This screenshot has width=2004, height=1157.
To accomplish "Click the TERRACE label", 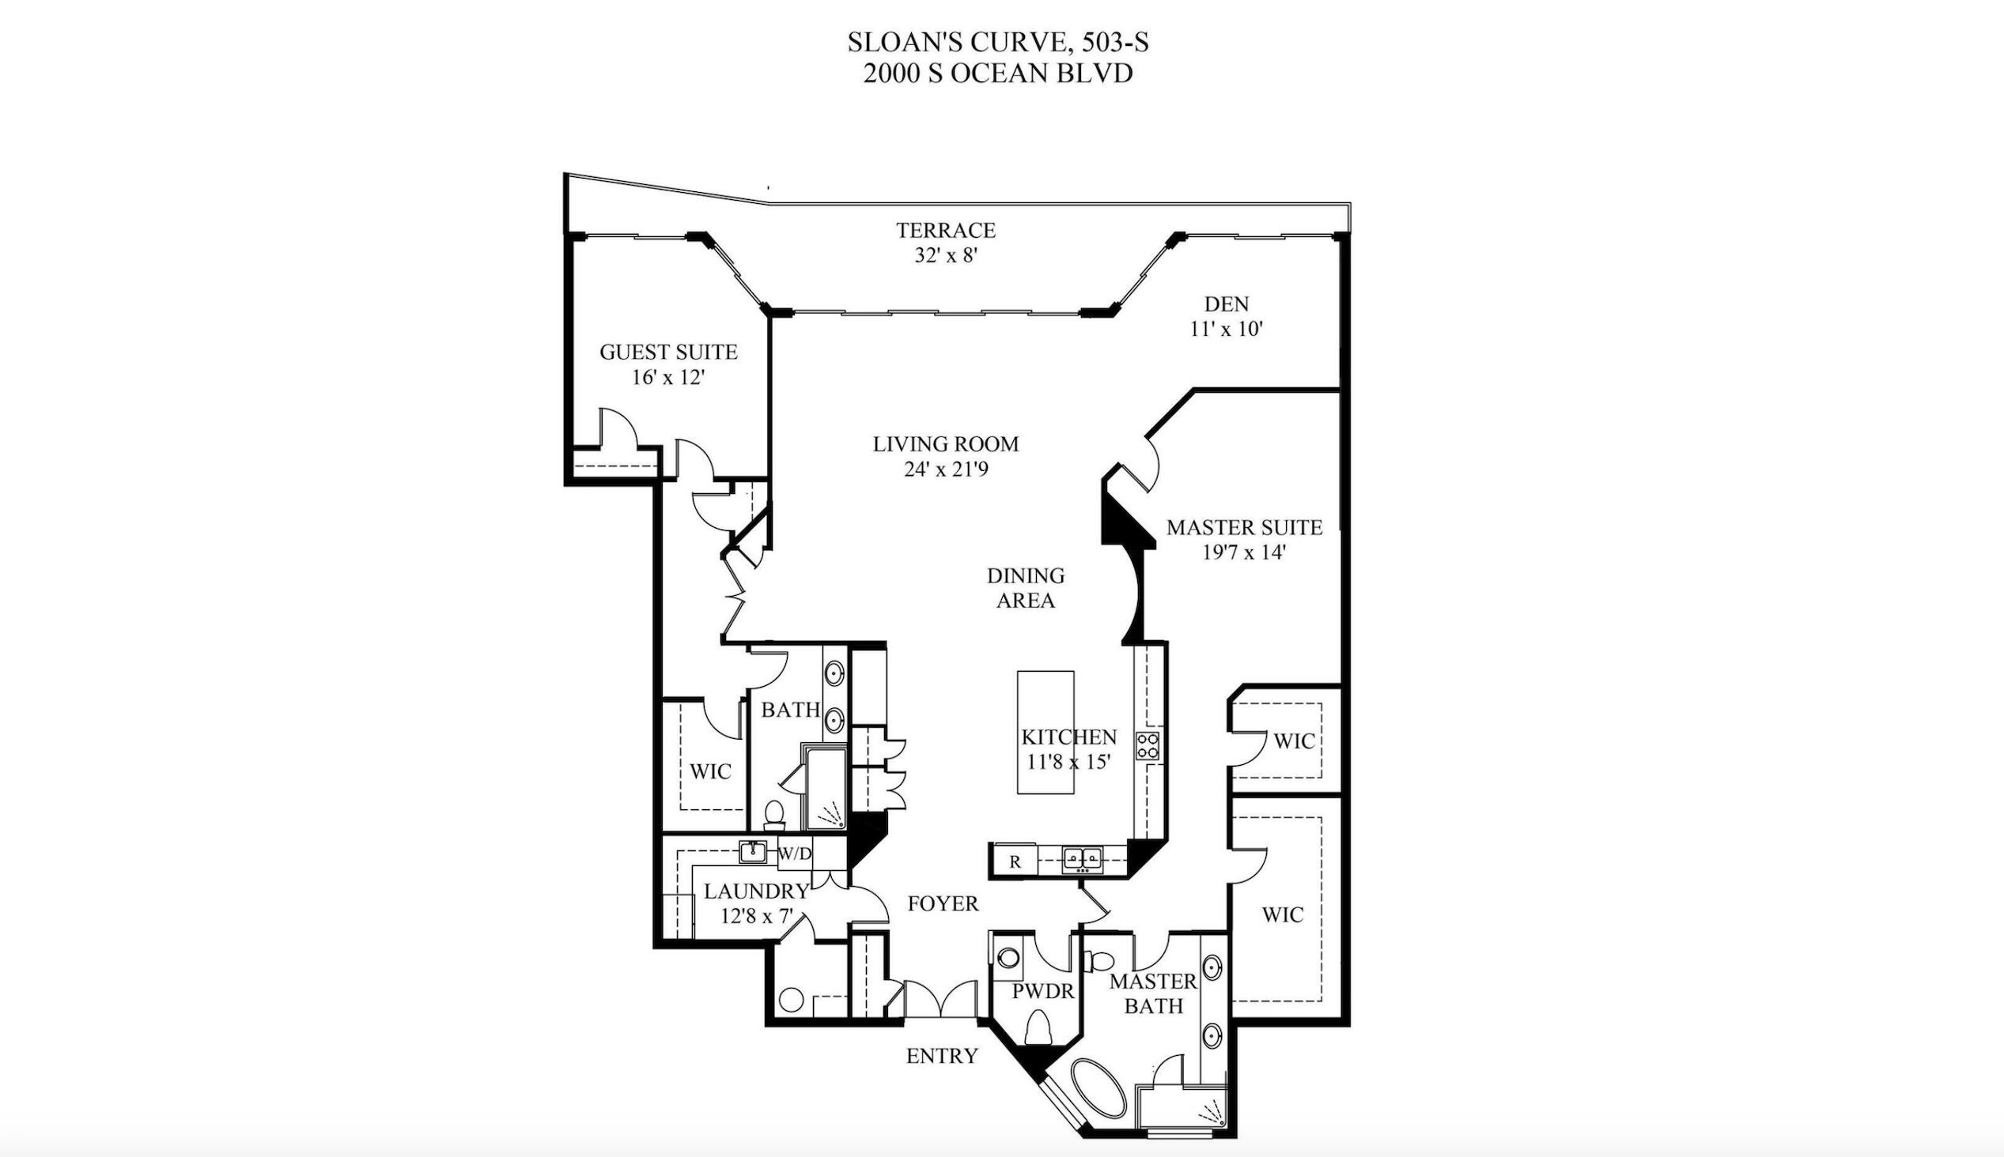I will coord(945,231).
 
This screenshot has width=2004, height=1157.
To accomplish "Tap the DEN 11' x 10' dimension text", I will coord(1226,329).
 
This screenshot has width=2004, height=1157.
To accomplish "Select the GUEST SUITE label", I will coord(667,352).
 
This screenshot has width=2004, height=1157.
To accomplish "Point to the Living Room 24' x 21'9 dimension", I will coord(945,469).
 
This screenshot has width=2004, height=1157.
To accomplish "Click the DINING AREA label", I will coord(1026,588).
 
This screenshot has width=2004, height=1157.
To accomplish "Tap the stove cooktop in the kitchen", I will coord(1147,745).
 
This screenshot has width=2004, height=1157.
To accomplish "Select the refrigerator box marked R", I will coord(1015,861).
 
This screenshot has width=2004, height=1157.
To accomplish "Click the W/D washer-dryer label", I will coord(795,854).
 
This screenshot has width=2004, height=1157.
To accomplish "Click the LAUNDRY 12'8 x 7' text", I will coord(756,903).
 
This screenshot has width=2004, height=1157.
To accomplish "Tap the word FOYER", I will coord(943,903).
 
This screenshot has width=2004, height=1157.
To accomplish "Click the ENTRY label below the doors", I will coord(942,1056).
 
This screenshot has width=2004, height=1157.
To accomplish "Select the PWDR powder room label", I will coord(1043,992).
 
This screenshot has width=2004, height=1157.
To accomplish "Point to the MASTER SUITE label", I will coord(1244,528).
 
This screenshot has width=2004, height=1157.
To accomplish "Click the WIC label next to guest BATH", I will coord(710,771).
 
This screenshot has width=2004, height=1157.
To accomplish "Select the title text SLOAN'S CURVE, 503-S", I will coord(997,42).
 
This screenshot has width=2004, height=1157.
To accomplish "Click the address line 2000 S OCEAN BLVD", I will coord(997,74).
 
